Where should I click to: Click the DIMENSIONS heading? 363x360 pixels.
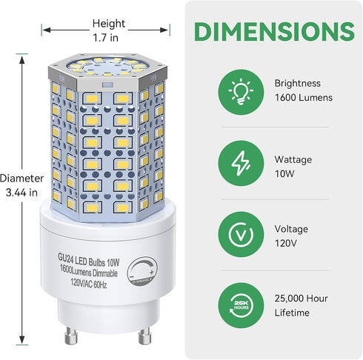click(273, 30)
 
